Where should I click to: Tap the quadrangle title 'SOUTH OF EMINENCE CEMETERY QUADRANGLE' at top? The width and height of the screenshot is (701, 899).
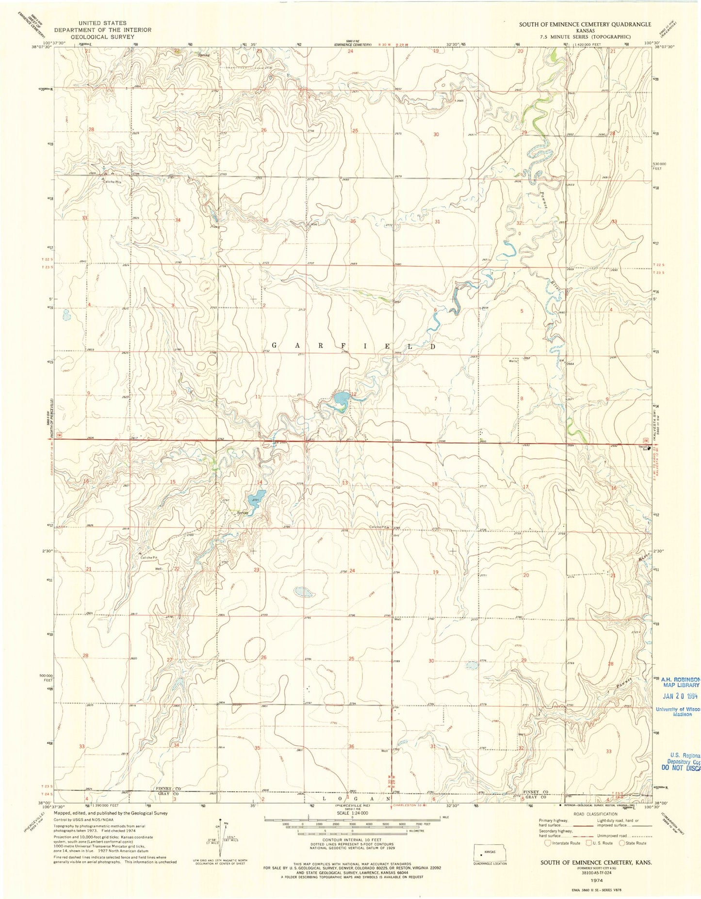[585, 24]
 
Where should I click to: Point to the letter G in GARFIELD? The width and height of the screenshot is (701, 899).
[274, 346]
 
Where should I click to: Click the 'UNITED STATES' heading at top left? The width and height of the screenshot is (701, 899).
[103, 23]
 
